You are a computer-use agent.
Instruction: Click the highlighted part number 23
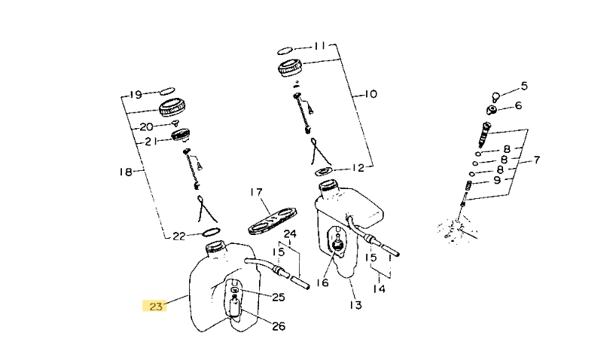[x=154, y=306]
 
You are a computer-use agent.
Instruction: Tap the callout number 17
[x=256, y=192]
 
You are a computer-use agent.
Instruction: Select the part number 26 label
[x=278, y=326]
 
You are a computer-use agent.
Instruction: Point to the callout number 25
[x=278, y=297]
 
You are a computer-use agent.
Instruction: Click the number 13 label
[x=355, y=305]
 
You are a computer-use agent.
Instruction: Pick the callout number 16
[x=322, y=282]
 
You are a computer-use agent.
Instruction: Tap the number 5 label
[x=524, y=86]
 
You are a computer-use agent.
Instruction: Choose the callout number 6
[x=518, y=105]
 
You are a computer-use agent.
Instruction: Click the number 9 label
[x=497, y=181]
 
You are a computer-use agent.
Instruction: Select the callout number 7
[x=537, y=160]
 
